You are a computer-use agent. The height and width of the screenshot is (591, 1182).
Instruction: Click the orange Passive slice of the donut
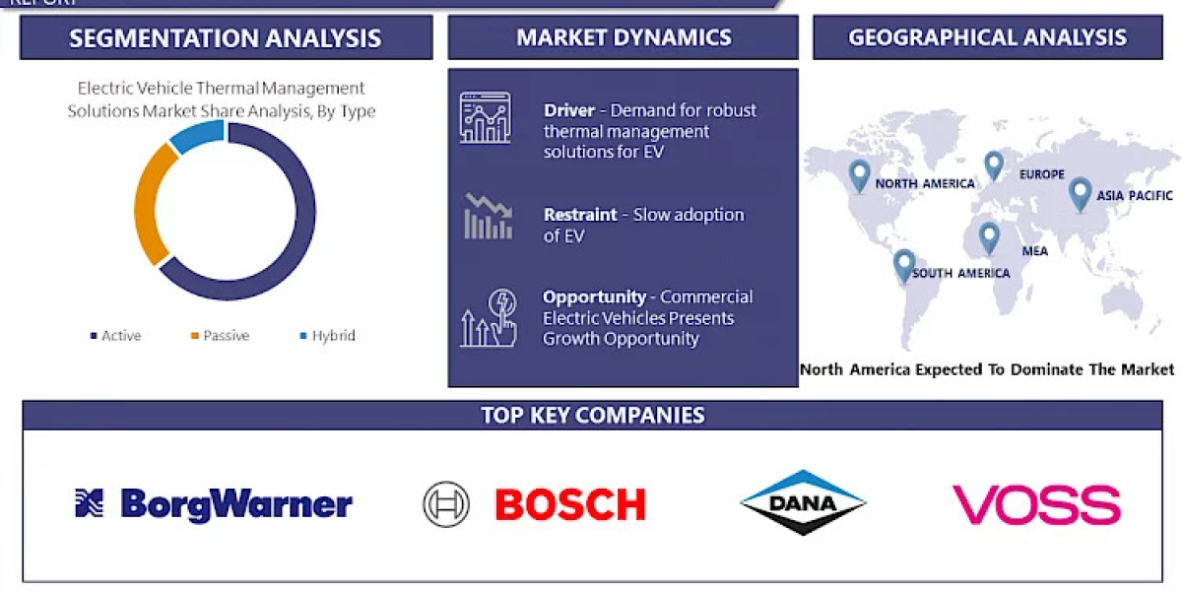point(145,207)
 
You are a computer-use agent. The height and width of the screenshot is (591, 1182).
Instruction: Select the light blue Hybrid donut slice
point(194,137)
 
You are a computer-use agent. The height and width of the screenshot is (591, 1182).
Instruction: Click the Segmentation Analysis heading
point(226,38)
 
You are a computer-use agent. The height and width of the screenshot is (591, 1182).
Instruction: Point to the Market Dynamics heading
point(624,38)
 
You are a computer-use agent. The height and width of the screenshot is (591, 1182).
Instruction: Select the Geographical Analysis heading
point(987,37)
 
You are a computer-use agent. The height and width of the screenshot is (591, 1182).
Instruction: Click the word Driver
point(568,110)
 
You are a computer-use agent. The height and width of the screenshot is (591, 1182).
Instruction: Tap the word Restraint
point(580,215)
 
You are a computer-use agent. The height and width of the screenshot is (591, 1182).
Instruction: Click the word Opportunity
point(594,296)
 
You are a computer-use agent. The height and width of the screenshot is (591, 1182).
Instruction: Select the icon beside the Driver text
point(485,118)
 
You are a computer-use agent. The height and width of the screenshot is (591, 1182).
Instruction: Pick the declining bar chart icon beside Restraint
point(488,217)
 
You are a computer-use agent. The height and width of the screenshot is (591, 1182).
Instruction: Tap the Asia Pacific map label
point(1135,195)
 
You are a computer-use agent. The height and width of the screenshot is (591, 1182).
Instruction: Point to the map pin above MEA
point(988,237)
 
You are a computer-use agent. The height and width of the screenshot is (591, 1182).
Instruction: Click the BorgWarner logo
point(214,504)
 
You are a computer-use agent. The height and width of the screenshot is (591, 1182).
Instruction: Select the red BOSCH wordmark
point(569,504)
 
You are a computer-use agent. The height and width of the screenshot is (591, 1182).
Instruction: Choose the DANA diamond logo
point(803,503)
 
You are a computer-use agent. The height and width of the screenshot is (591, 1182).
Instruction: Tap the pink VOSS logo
point(1035,504)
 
